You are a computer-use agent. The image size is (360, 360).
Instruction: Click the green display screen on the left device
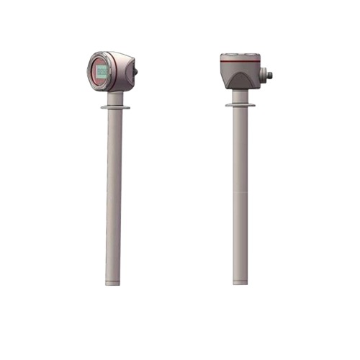click(102, 71)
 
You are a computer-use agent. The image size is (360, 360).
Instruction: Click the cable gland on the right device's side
click(266, 73)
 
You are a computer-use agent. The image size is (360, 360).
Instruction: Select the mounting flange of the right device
click(240, 104)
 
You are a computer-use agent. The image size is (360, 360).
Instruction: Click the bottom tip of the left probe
click(112, 282)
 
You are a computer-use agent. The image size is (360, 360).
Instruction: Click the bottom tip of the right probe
click(240, 282)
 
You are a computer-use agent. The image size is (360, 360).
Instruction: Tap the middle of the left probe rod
click(114, 194)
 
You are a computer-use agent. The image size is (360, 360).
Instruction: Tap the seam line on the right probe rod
click(240, 193)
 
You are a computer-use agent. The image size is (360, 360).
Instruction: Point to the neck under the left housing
click(117, 98)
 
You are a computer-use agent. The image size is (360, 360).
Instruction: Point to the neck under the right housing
click(240, 96)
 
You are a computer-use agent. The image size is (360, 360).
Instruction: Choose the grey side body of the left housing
click(124, 72)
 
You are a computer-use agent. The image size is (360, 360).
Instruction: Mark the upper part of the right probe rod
click(240, 144)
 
